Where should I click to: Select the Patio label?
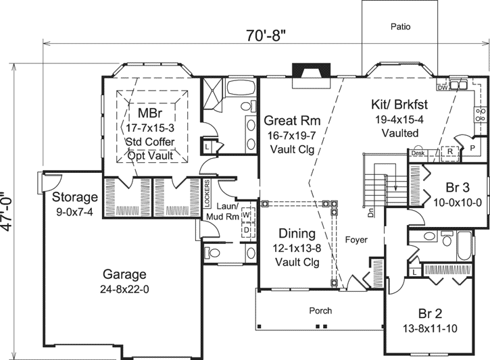[x=401, y=28]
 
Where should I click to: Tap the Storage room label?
[x=74, y=197]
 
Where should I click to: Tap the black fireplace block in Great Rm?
[x=300, y=71]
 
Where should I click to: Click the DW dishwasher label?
[x=442, y=88]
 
